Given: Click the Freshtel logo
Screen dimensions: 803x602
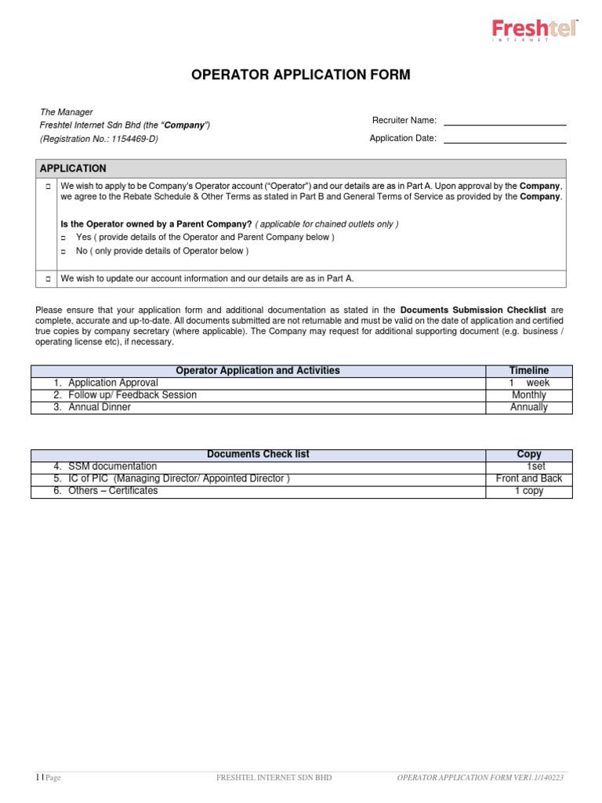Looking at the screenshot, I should tap(534, 31).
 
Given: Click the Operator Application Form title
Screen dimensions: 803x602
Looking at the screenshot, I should tap(301, 75).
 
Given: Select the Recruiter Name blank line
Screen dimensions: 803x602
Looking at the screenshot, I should tap(505, 121).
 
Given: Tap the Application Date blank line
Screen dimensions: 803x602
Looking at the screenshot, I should tap(505, 139).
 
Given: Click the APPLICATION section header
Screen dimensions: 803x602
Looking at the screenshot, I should tap(73, 169).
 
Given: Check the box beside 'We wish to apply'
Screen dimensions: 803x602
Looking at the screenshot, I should tap(48, 187).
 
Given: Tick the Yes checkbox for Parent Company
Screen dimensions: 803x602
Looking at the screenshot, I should tap(64, 238).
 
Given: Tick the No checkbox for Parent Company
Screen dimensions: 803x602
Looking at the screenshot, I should tap(64, 252).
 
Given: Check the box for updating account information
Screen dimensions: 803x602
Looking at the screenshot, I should tap(48, 278).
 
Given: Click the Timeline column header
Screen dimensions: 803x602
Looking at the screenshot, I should tap(528, 371).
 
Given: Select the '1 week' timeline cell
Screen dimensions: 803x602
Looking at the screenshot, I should tap(529, 383).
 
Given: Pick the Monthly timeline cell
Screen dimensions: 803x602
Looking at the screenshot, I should tap(528, 395).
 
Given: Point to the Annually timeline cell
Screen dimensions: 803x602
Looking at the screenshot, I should tap(528, 408).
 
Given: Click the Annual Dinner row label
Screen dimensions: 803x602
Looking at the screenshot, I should tap(100, 408).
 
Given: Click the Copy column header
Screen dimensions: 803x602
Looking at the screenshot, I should tap(528, 455).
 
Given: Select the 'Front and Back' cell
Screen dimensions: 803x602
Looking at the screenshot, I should tap(528, 479).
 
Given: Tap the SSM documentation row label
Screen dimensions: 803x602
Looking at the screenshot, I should tap(112, 467).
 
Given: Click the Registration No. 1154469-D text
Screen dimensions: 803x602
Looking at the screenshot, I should tap(111, 139).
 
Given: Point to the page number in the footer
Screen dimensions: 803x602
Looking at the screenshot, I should tap(38, 778).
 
